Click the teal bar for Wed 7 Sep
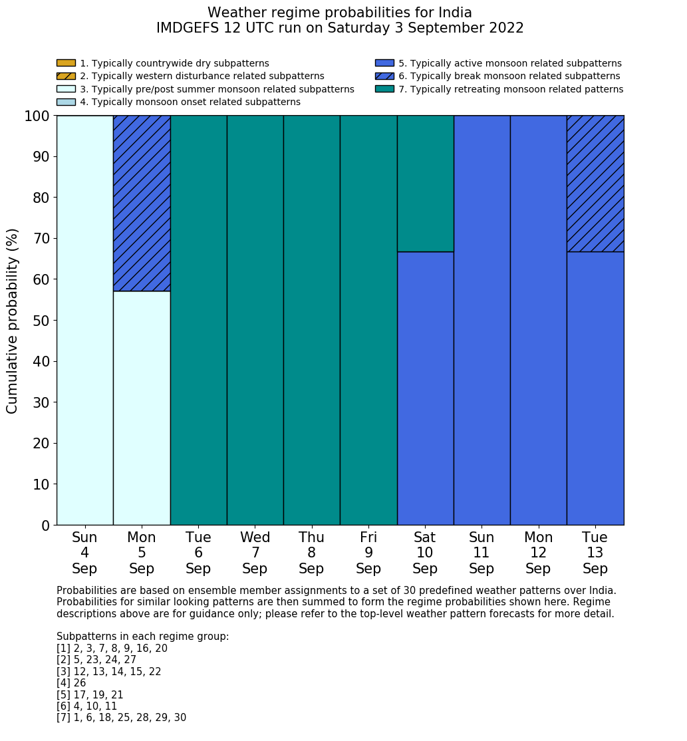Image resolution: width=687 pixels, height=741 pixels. tap(255, 320)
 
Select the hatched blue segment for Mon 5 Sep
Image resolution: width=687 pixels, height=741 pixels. tap(142, 203)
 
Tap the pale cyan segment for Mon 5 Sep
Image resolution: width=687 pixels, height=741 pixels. tap(142, 408)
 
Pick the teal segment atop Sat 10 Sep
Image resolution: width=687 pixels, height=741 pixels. tap(425, 184)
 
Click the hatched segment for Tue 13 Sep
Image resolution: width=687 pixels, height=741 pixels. tap(595, 184)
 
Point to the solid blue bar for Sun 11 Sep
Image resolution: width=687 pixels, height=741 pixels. tap(481, 320)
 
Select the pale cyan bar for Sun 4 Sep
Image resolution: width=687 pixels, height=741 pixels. tap(84, 320)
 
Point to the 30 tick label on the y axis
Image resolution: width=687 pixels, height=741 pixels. tap(41, 402)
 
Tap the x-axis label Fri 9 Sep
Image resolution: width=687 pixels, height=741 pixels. tap(368, 553)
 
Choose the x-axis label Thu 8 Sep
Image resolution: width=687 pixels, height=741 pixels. tap(311, 553)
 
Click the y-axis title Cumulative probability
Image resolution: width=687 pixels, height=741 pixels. tap(13, 321)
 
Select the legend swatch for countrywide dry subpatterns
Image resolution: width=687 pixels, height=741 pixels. tap(66, 63)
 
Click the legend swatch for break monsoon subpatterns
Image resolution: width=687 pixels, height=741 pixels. tap(384, 76)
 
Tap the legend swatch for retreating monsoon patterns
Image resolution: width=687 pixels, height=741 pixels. tap(384, 89)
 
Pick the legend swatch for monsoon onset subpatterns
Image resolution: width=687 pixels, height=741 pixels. tap(66, 102)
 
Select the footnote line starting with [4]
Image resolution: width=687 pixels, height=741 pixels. tap(71, 683)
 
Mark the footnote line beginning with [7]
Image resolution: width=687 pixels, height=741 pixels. tap(121, 718)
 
